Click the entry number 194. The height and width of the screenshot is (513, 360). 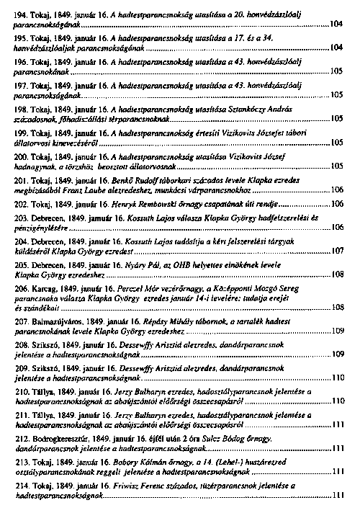pyautogui.click(x=21, y=14)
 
